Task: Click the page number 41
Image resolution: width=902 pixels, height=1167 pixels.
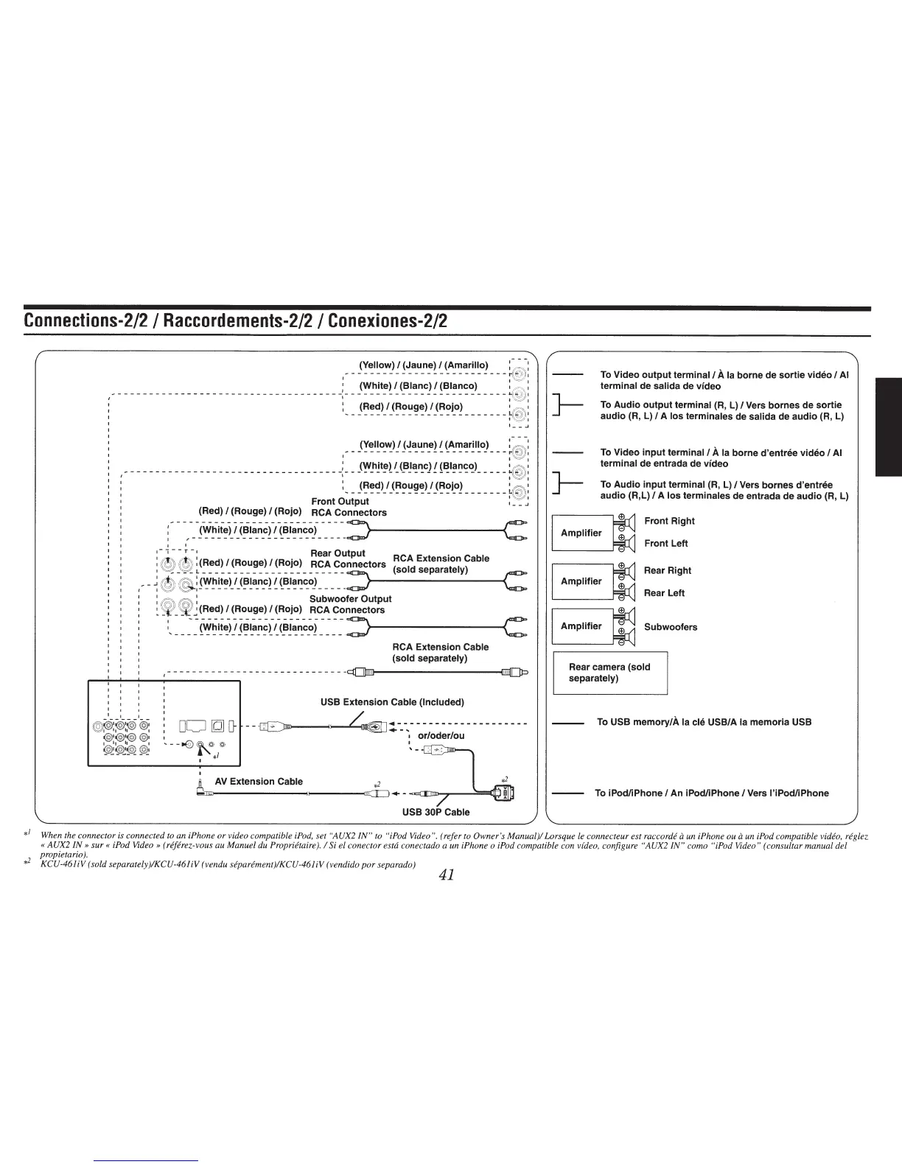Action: [x=445, y=875]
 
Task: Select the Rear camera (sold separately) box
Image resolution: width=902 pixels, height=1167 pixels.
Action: [x=609, y=673]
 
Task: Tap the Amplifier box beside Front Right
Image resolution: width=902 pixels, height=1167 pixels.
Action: [x=581, y=533]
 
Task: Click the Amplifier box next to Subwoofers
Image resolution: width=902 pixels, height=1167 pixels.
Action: [x=581, y=626]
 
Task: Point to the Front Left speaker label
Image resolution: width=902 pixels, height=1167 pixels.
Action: [x=665, y=544]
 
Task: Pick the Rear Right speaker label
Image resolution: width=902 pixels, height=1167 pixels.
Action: [x=667, y=570]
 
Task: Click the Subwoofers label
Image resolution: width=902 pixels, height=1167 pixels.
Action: [x=670, y=627]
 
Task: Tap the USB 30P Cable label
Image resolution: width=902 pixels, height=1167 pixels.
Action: [x=436, y=812]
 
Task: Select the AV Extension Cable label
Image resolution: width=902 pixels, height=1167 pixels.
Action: [x=258, y=781]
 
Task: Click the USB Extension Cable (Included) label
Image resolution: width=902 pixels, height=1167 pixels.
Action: [x=392, y=701]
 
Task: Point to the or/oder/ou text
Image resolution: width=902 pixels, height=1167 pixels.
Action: [x=441, y=735]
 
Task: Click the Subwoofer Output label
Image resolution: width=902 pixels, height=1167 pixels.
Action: [x=350, y=599]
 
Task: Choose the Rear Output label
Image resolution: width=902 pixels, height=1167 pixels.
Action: [x=338, y=553]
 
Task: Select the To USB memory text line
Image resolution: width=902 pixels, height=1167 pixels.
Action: [x=704, y=722]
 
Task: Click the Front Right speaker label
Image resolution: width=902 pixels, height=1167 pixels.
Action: [x=669, y=521]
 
